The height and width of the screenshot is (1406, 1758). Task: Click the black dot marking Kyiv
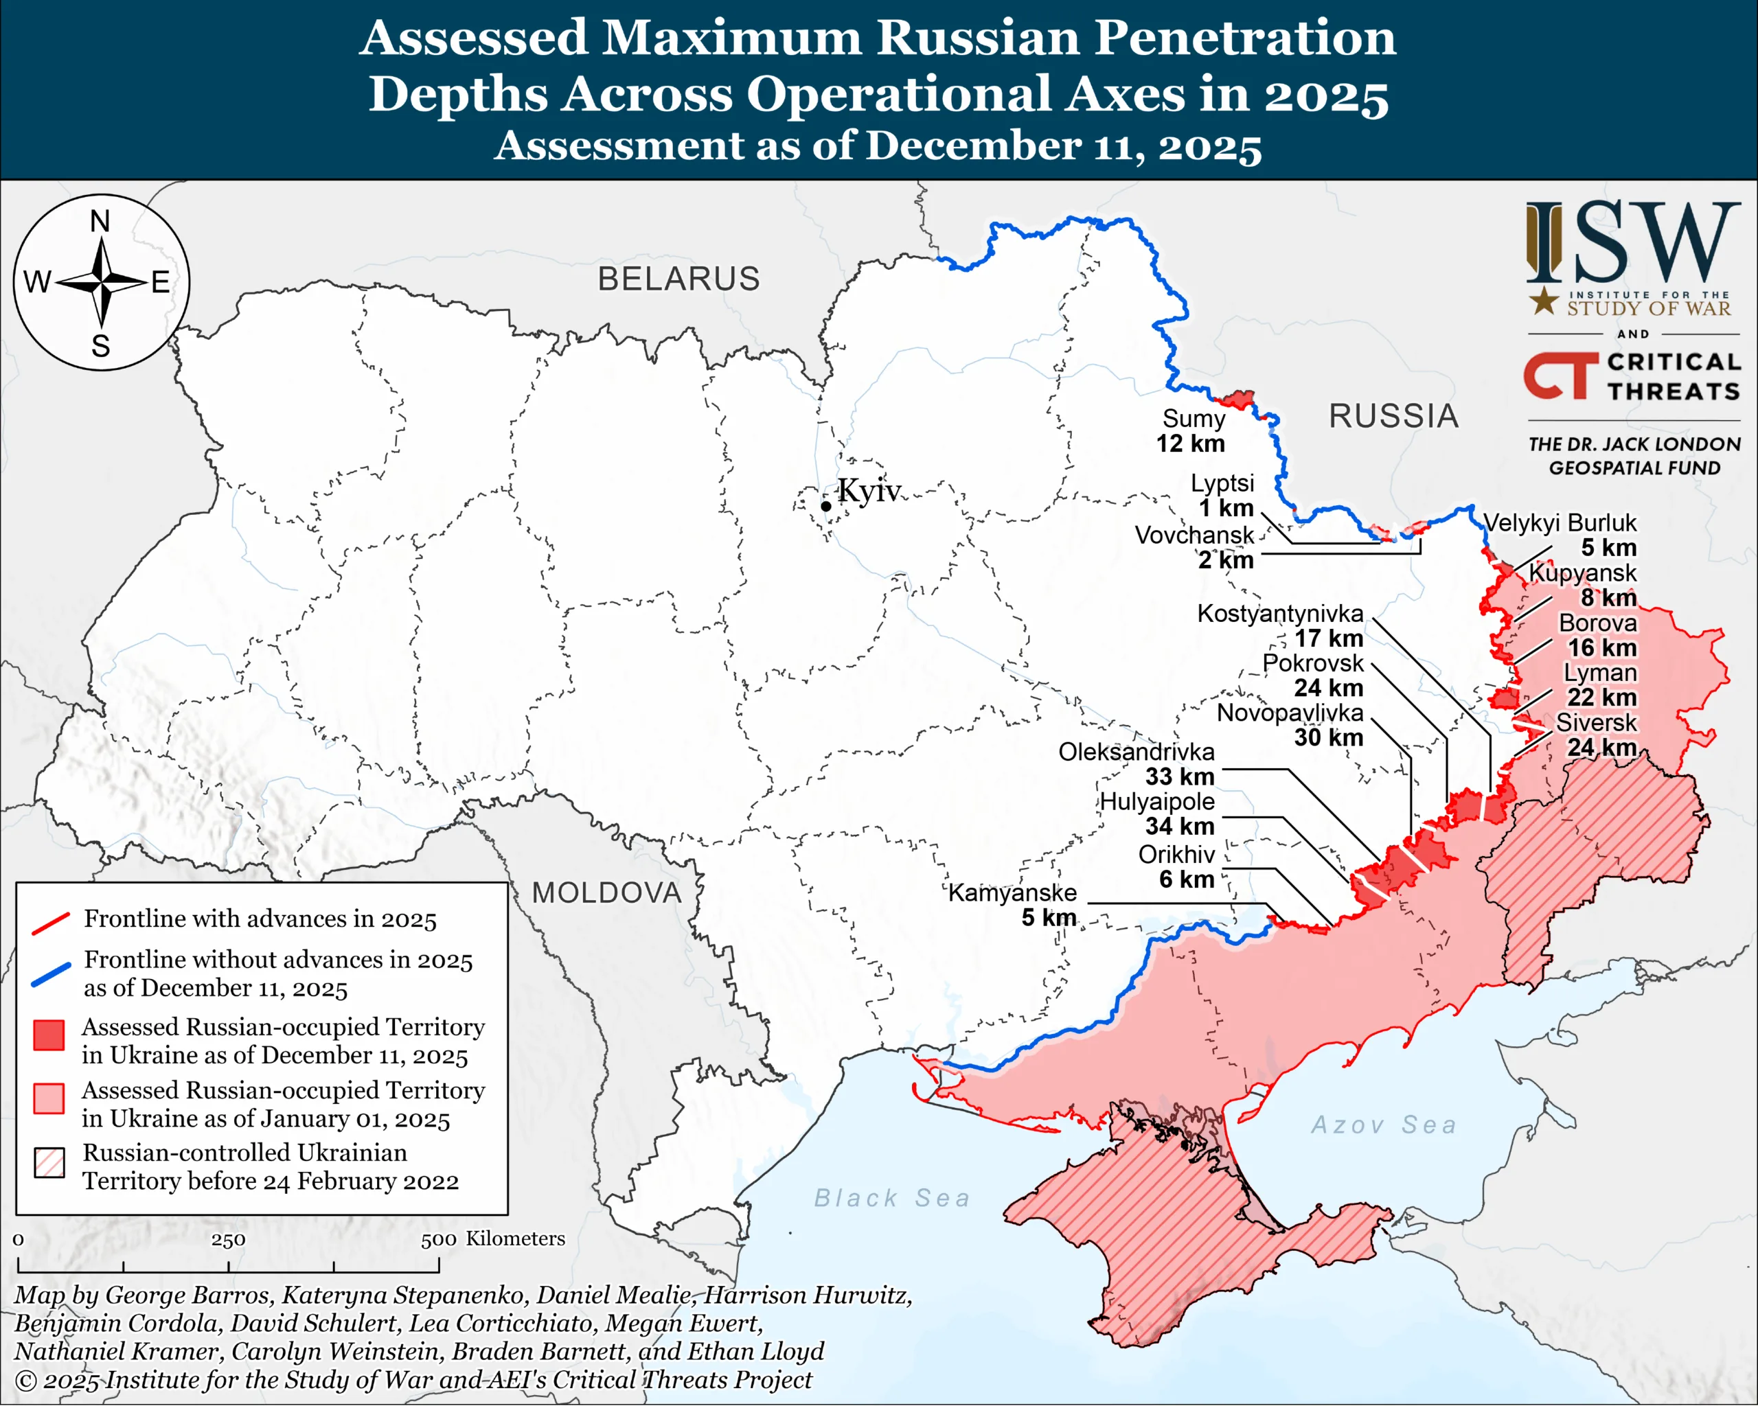coord(825,506)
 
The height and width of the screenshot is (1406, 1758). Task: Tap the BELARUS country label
coord(678,279)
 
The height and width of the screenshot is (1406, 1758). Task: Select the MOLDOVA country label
coord(606,892)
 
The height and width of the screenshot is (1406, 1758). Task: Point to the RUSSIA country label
coord(1393,417)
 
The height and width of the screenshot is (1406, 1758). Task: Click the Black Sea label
coord(892,1198)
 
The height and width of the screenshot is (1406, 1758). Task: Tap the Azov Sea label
coord(1384,1126)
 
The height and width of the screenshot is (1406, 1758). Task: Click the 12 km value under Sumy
coord(1191,444)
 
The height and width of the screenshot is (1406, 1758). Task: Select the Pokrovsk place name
coord(1313,663)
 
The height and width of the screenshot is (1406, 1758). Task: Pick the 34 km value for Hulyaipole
coord(1180,827)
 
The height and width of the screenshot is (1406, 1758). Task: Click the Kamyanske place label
coord(1012,892)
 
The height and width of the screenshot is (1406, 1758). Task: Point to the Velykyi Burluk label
coord(1560,522)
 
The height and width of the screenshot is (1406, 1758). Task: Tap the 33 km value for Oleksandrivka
coord(1180,776)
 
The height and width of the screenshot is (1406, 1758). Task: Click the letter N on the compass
coord(100,221)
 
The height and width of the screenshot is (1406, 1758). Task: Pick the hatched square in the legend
coord(49,1164)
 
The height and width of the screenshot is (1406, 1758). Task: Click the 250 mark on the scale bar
coord(228,1240)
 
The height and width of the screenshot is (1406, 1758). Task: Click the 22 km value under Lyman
coord(1601,698)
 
